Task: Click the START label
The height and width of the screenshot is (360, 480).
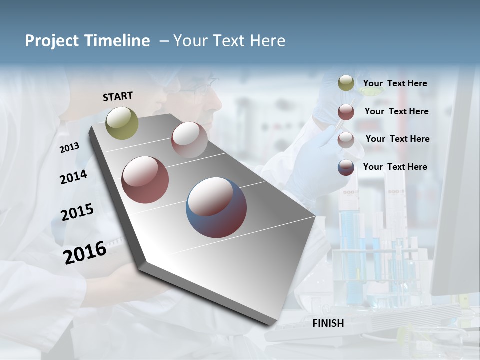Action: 118,96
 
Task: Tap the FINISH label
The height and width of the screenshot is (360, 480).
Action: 328,323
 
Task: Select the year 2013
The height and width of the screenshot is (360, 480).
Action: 69,147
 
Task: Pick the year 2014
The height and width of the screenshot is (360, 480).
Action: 73,177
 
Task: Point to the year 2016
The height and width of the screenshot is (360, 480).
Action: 85,252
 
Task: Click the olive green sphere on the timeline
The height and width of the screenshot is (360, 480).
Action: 122,123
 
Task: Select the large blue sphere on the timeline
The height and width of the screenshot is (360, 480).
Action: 216,207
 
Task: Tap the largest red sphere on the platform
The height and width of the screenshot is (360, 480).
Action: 145,180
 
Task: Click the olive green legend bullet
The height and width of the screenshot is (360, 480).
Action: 346,83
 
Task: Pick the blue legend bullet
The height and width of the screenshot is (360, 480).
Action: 346,167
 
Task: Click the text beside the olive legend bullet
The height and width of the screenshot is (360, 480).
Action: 395,84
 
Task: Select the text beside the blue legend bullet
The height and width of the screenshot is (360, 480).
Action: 395,167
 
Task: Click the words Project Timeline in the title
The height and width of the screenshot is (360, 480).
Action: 87,41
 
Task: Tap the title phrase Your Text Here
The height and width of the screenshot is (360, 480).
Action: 229,41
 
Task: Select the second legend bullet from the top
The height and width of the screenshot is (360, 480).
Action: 346,112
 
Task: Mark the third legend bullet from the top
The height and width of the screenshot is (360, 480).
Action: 346,140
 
